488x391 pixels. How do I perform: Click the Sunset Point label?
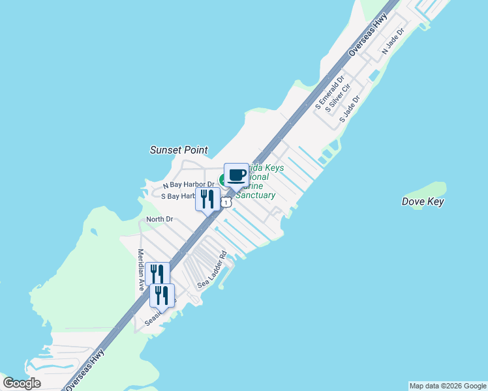[179, 150]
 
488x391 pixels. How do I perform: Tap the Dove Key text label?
[423, 202]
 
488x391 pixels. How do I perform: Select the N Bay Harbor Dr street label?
[189, 185]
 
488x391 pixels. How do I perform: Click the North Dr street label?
[159, 219]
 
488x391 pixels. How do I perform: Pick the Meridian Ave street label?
[140, 269]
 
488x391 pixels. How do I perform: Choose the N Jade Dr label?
[393, 41]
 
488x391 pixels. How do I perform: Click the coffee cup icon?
[236, 175]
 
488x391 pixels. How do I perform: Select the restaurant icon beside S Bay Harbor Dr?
[207, 199]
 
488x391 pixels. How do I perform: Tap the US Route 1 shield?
[226, 203]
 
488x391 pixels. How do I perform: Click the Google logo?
[22, 383]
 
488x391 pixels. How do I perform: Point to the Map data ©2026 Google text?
[448, 386]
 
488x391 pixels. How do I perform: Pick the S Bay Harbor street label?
[177, 196]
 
